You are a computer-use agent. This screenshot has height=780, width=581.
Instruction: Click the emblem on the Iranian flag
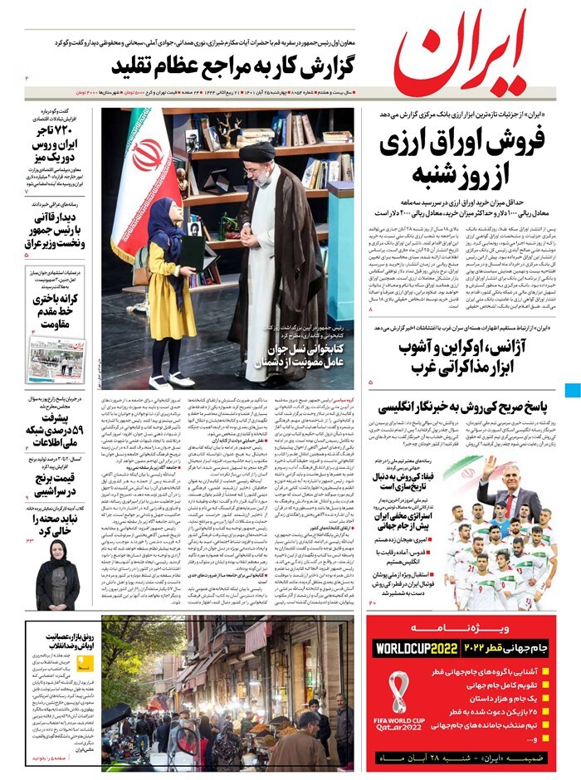(149, 154)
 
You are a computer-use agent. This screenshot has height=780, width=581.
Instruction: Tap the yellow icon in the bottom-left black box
(85, 663)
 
